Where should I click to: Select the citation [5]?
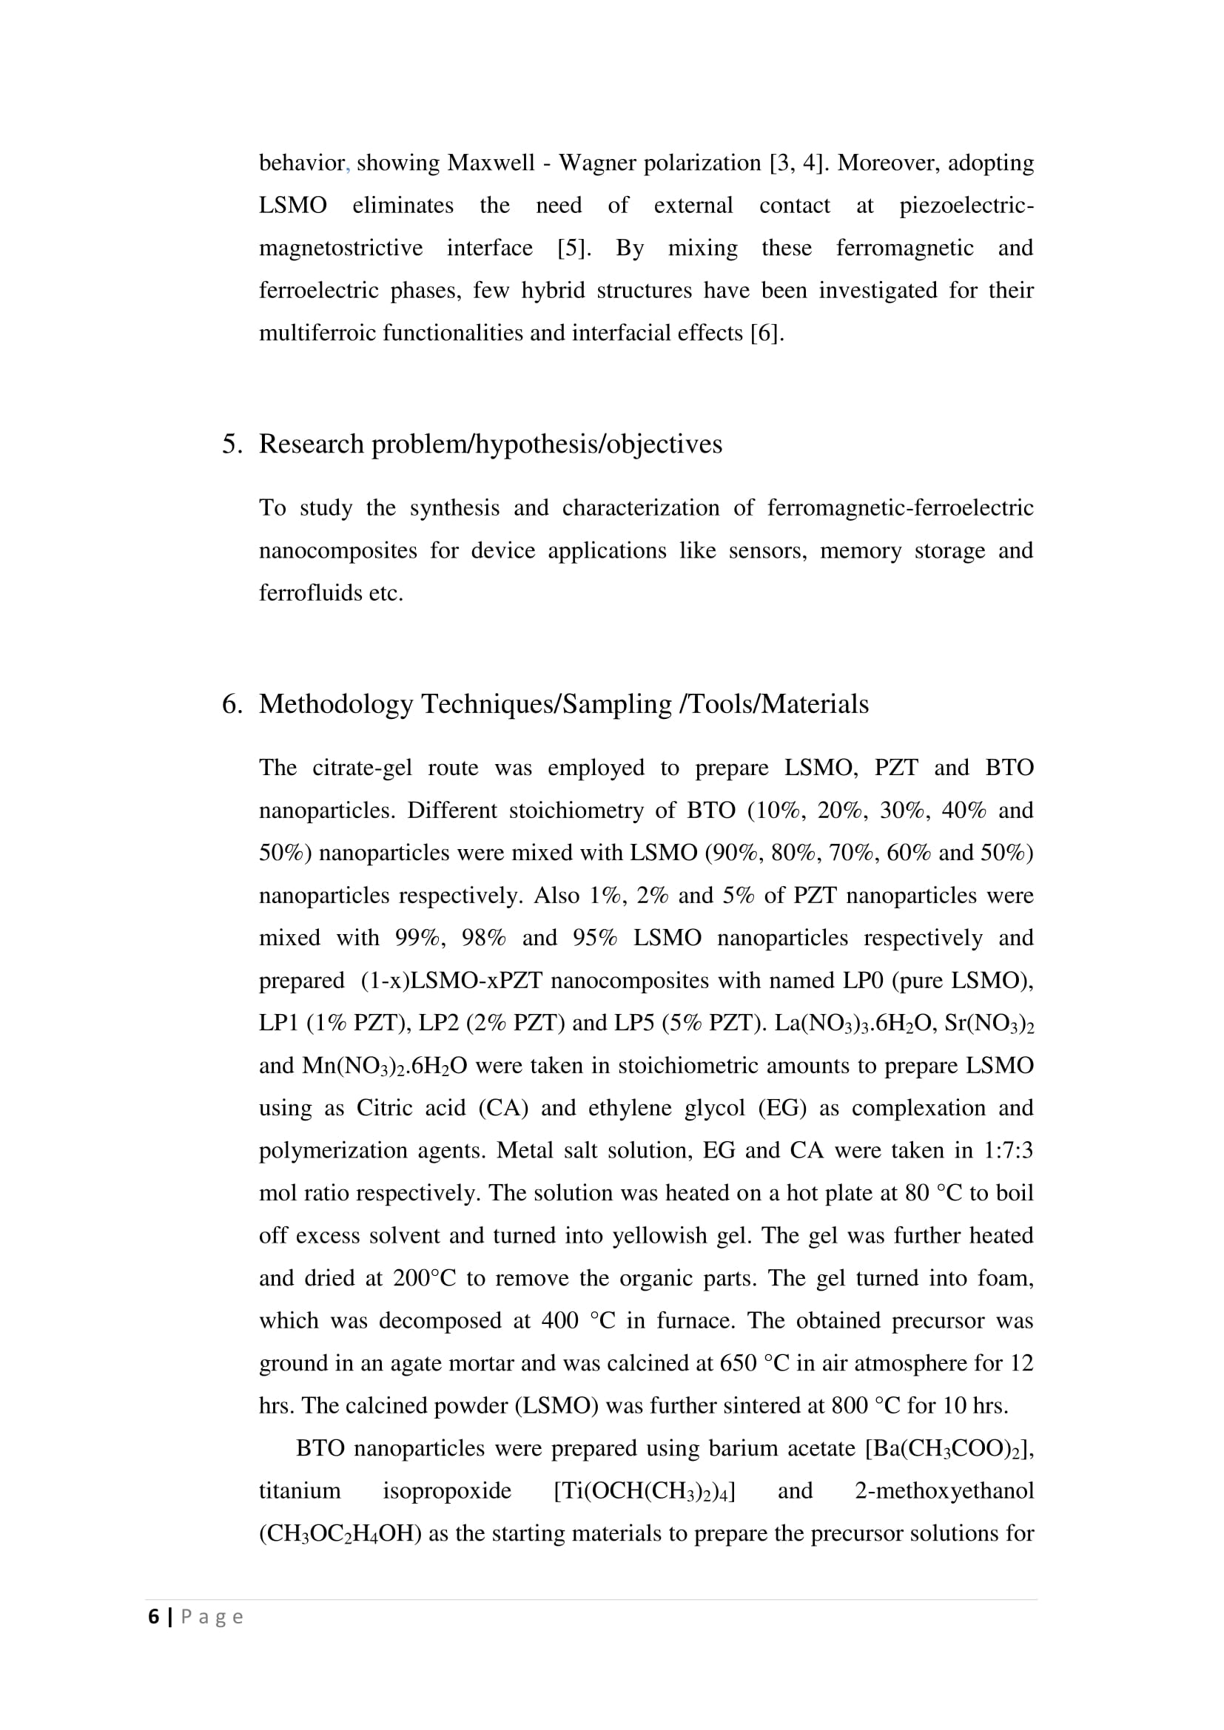[574, 248]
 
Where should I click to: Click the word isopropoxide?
[447, 1491]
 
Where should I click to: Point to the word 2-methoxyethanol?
[944, 1491]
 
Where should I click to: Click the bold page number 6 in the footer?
[154, 1617]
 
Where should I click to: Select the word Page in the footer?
[212, 1618]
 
